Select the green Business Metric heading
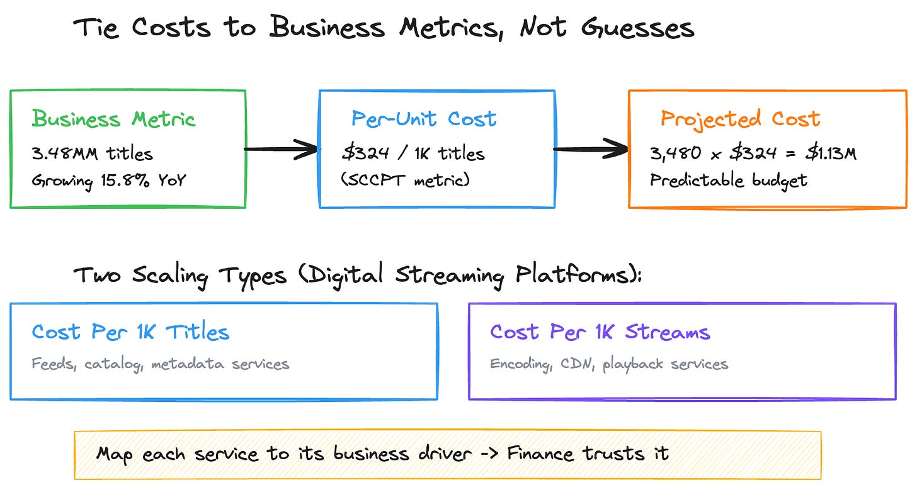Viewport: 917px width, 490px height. point(114,119)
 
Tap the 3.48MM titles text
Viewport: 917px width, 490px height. point(92,153)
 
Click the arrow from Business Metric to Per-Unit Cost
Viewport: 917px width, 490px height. point(280,150)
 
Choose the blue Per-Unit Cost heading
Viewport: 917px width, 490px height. point(424,119)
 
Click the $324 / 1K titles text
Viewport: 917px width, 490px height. point(412,153)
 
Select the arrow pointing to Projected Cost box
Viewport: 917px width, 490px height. point(590,150)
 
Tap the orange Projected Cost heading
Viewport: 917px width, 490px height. point(740,119)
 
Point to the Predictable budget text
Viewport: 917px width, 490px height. point(728,181)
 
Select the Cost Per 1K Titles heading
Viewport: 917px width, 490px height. point(130,332)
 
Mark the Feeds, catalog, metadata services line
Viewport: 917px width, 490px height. point(161,364)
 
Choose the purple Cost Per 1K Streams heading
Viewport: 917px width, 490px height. point(600,332)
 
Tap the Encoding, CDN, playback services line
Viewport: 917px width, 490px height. point(609,364)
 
